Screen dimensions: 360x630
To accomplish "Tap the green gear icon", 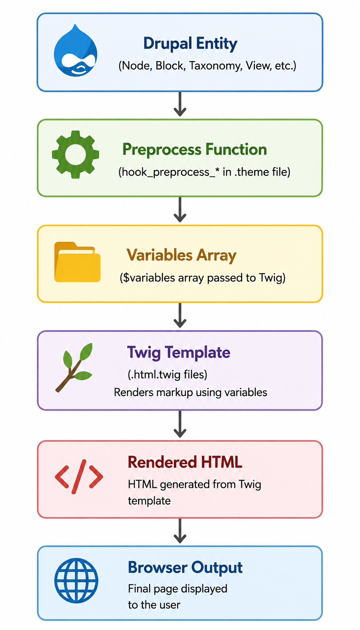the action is [x=75, y=154].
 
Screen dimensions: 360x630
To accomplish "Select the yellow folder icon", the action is [x=77, y=262].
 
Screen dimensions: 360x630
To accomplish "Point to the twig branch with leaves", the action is [x=74, y=367].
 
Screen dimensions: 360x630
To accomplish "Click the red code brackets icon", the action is [x=79, y=477].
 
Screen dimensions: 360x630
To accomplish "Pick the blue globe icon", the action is [x=76, y=581].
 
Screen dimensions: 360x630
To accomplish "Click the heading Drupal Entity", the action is [x=190, y=44].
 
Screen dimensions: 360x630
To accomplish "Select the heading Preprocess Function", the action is [x=195, y=149].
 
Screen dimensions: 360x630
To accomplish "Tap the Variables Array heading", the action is [x=182, y=255].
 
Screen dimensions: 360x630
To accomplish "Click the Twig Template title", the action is [x=178, y=352].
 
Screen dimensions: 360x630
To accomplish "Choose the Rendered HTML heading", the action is [x=185, y=462].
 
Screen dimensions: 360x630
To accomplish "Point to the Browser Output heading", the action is [x=185, y=568].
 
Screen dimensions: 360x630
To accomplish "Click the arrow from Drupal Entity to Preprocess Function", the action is [x=180, y=104].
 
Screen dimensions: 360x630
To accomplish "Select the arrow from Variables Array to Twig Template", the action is [x=180, y=315].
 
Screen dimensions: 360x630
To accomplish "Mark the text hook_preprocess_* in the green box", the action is [x=169, y=172].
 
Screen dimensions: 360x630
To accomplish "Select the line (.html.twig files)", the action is [x=167, y=375].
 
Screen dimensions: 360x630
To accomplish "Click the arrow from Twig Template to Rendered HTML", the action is [x=180, y=424].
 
